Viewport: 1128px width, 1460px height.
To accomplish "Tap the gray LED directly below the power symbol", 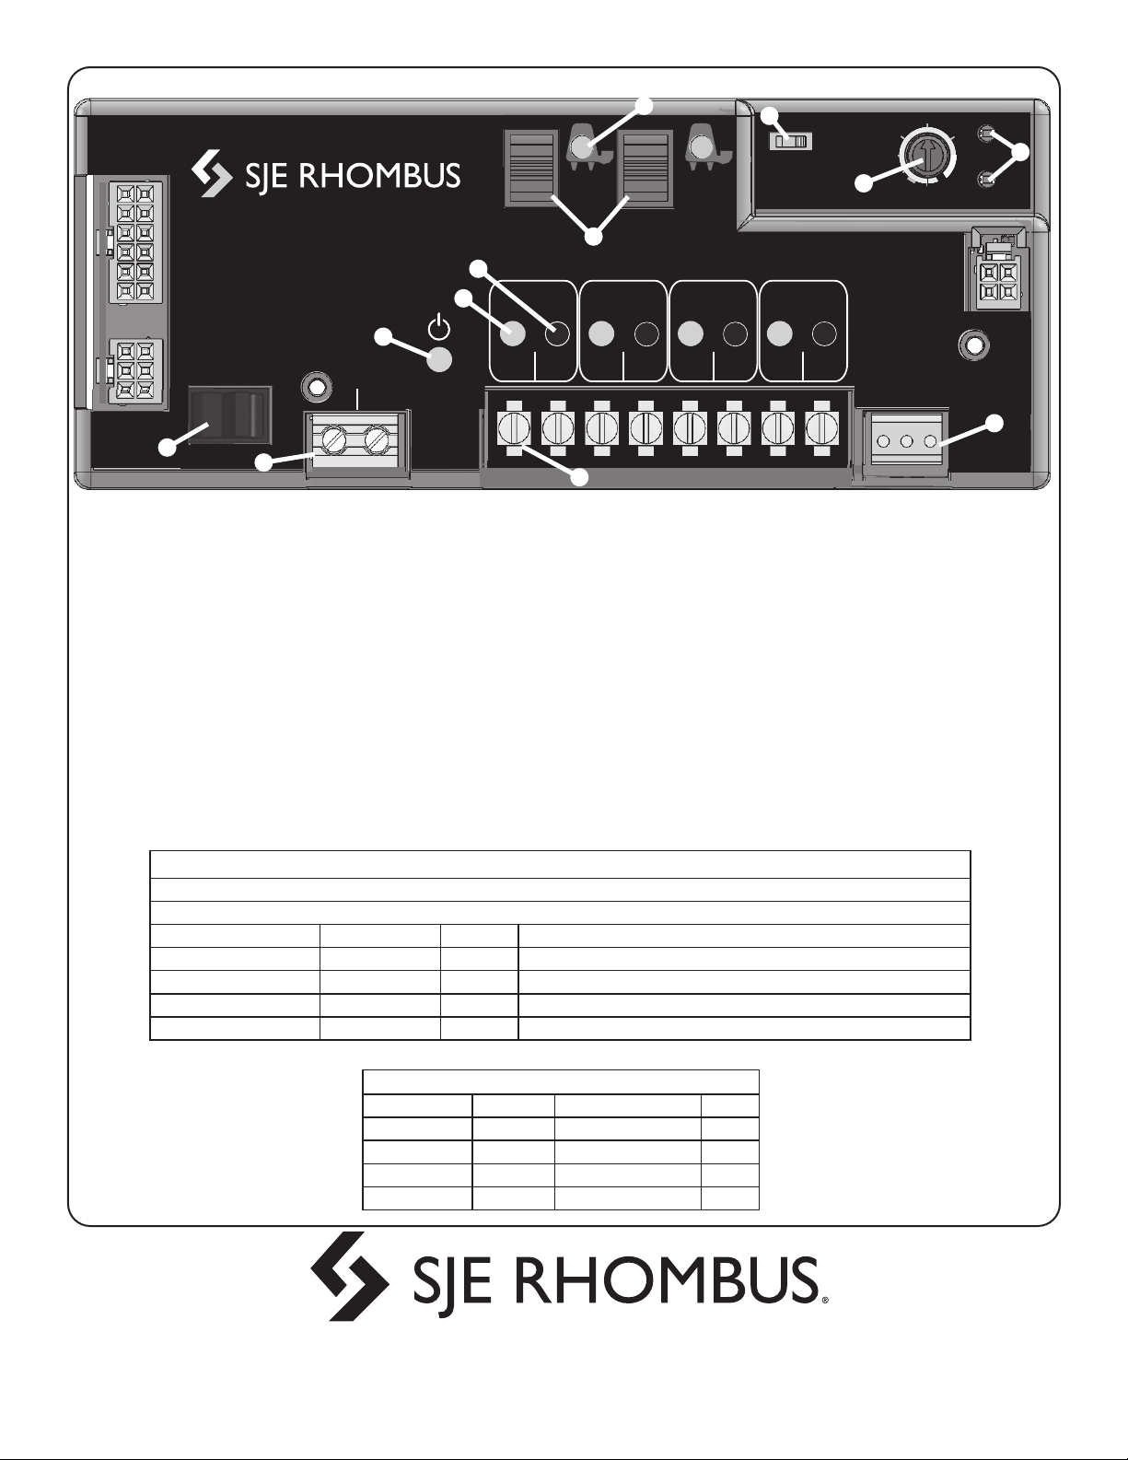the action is pyautogui.click(x=440, y=361).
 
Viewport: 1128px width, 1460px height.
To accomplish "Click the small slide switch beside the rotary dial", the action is pyautogui.click(x=791, y=142).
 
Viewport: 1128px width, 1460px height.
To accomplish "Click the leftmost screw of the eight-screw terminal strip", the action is pyautogui.click(x=514, y=428).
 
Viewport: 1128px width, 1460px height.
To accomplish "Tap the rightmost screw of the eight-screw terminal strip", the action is pyautogui.click(x=818, y=428).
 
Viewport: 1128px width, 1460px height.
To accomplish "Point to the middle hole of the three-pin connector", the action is pyautogui.click(x=907, y=441).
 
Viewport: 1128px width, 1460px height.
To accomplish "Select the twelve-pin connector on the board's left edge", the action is pyautogui.click(x=135, y=242).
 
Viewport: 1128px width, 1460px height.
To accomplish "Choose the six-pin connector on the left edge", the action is pyautogui.click(x=135, y=370).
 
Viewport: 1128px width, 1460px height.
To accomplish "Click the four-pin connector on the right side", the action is pyautogui.click(x=996, y=282).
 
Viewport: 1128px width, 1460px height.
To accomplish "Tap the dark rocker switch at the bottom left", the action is pyautogui.click(x=229, y=414).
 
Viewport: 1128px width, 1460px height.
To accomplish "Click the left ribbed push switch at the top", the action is pyautogui.click(x=531, y=168).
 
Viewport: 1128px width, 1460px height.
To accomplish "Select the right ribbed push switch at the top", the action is pyautogui.click(x=647, y=168).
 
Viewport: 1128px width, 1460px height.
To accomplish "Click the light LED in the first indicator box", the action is pyautogui.click(x=514, y=333).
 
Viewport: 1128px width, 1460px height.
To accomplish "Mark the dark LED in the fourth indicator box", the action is pyautogui.click(x=824, y=333).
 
